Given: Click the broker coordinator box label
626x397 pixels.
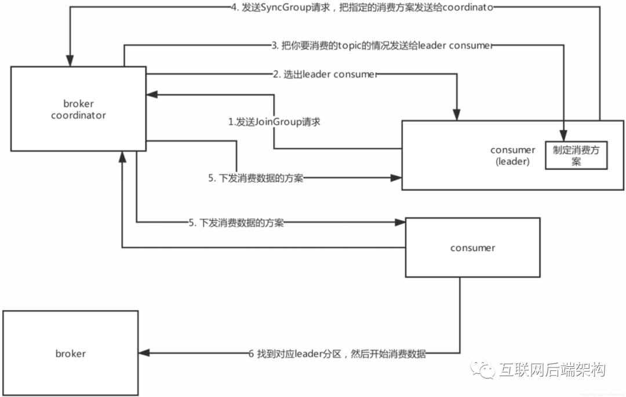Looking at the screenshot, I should (x=78, y=109).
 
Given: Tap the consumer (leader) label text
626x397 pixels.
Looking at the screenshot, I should (x=512, y=156).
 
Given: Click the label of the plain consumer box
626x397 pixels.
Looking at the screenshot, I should (x=472, y=248).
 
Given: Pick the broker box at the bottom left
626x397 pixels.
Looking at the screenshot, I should (x=71, y=354).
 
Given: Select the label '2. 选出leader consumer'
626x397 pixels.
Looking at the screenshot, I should (x=325, y=74).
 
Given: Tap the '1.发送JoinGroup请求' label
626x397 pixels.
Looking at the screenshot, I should (x=274, y=122).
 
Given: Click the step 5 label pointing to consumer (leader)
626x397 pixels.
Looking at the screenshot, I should (x=256, y=179).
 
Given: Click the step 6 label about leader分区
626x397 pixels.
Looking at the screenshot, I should (x=337, y=354).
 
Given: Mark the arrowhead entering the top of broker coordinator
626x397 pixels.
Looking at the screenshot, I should (x=70, y=61).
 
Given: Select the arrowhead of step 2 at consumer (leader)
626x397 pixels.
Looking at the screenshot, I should (x=458, y=116).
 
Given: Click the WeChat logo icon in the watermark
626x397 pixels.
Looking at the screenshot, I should (x=482, y=369).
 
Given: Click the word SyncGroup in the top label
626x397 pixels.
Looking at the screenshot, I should (x=288, y=8).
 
